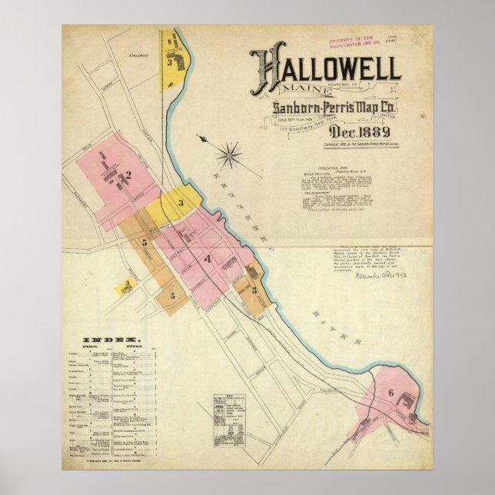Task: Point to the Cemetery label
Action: [x=139, y=55]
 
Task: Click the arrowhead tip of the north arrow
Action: [x=202, y=138]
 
